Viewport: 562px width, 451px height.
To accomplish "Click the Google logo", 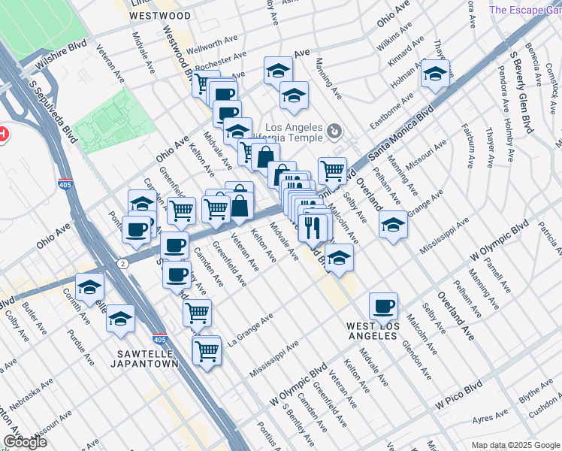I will (25, 441).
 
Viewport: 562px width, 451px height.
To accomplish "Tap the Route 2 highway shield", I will (121, 264).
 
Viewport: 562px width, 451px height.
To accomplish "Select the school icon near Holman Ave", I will (434, 74).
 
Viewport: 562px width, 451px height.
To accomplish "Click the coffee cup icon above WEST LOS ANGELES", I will (383, 305).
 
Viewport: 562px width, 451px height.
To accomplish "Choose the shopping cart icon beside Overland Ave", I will (332, 169).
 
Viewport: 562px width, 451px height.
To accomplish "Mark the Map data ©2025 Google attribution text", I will (515, 445).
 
